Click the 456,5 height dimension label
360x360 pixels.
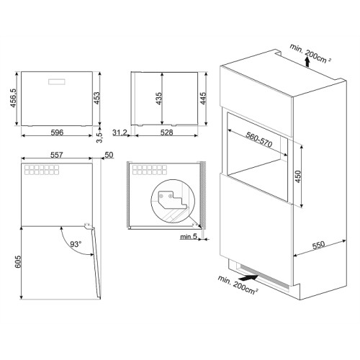point(13,98)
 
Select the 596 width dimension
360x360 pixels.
point(57,132)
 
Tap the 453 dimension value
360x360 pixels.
point(96,98)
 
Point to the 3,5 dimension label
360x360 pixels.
point(99,138)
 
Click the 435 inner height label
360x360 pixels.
point(159,99)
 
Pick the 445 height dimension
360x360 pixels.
point(203,99)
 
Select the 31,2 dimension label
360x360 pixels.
point(120,132)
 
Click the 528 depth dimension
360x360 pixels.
point(166,132)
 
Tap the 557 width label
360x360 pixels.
point(57,155)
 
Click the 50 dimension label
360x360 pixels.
point(109,155)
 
